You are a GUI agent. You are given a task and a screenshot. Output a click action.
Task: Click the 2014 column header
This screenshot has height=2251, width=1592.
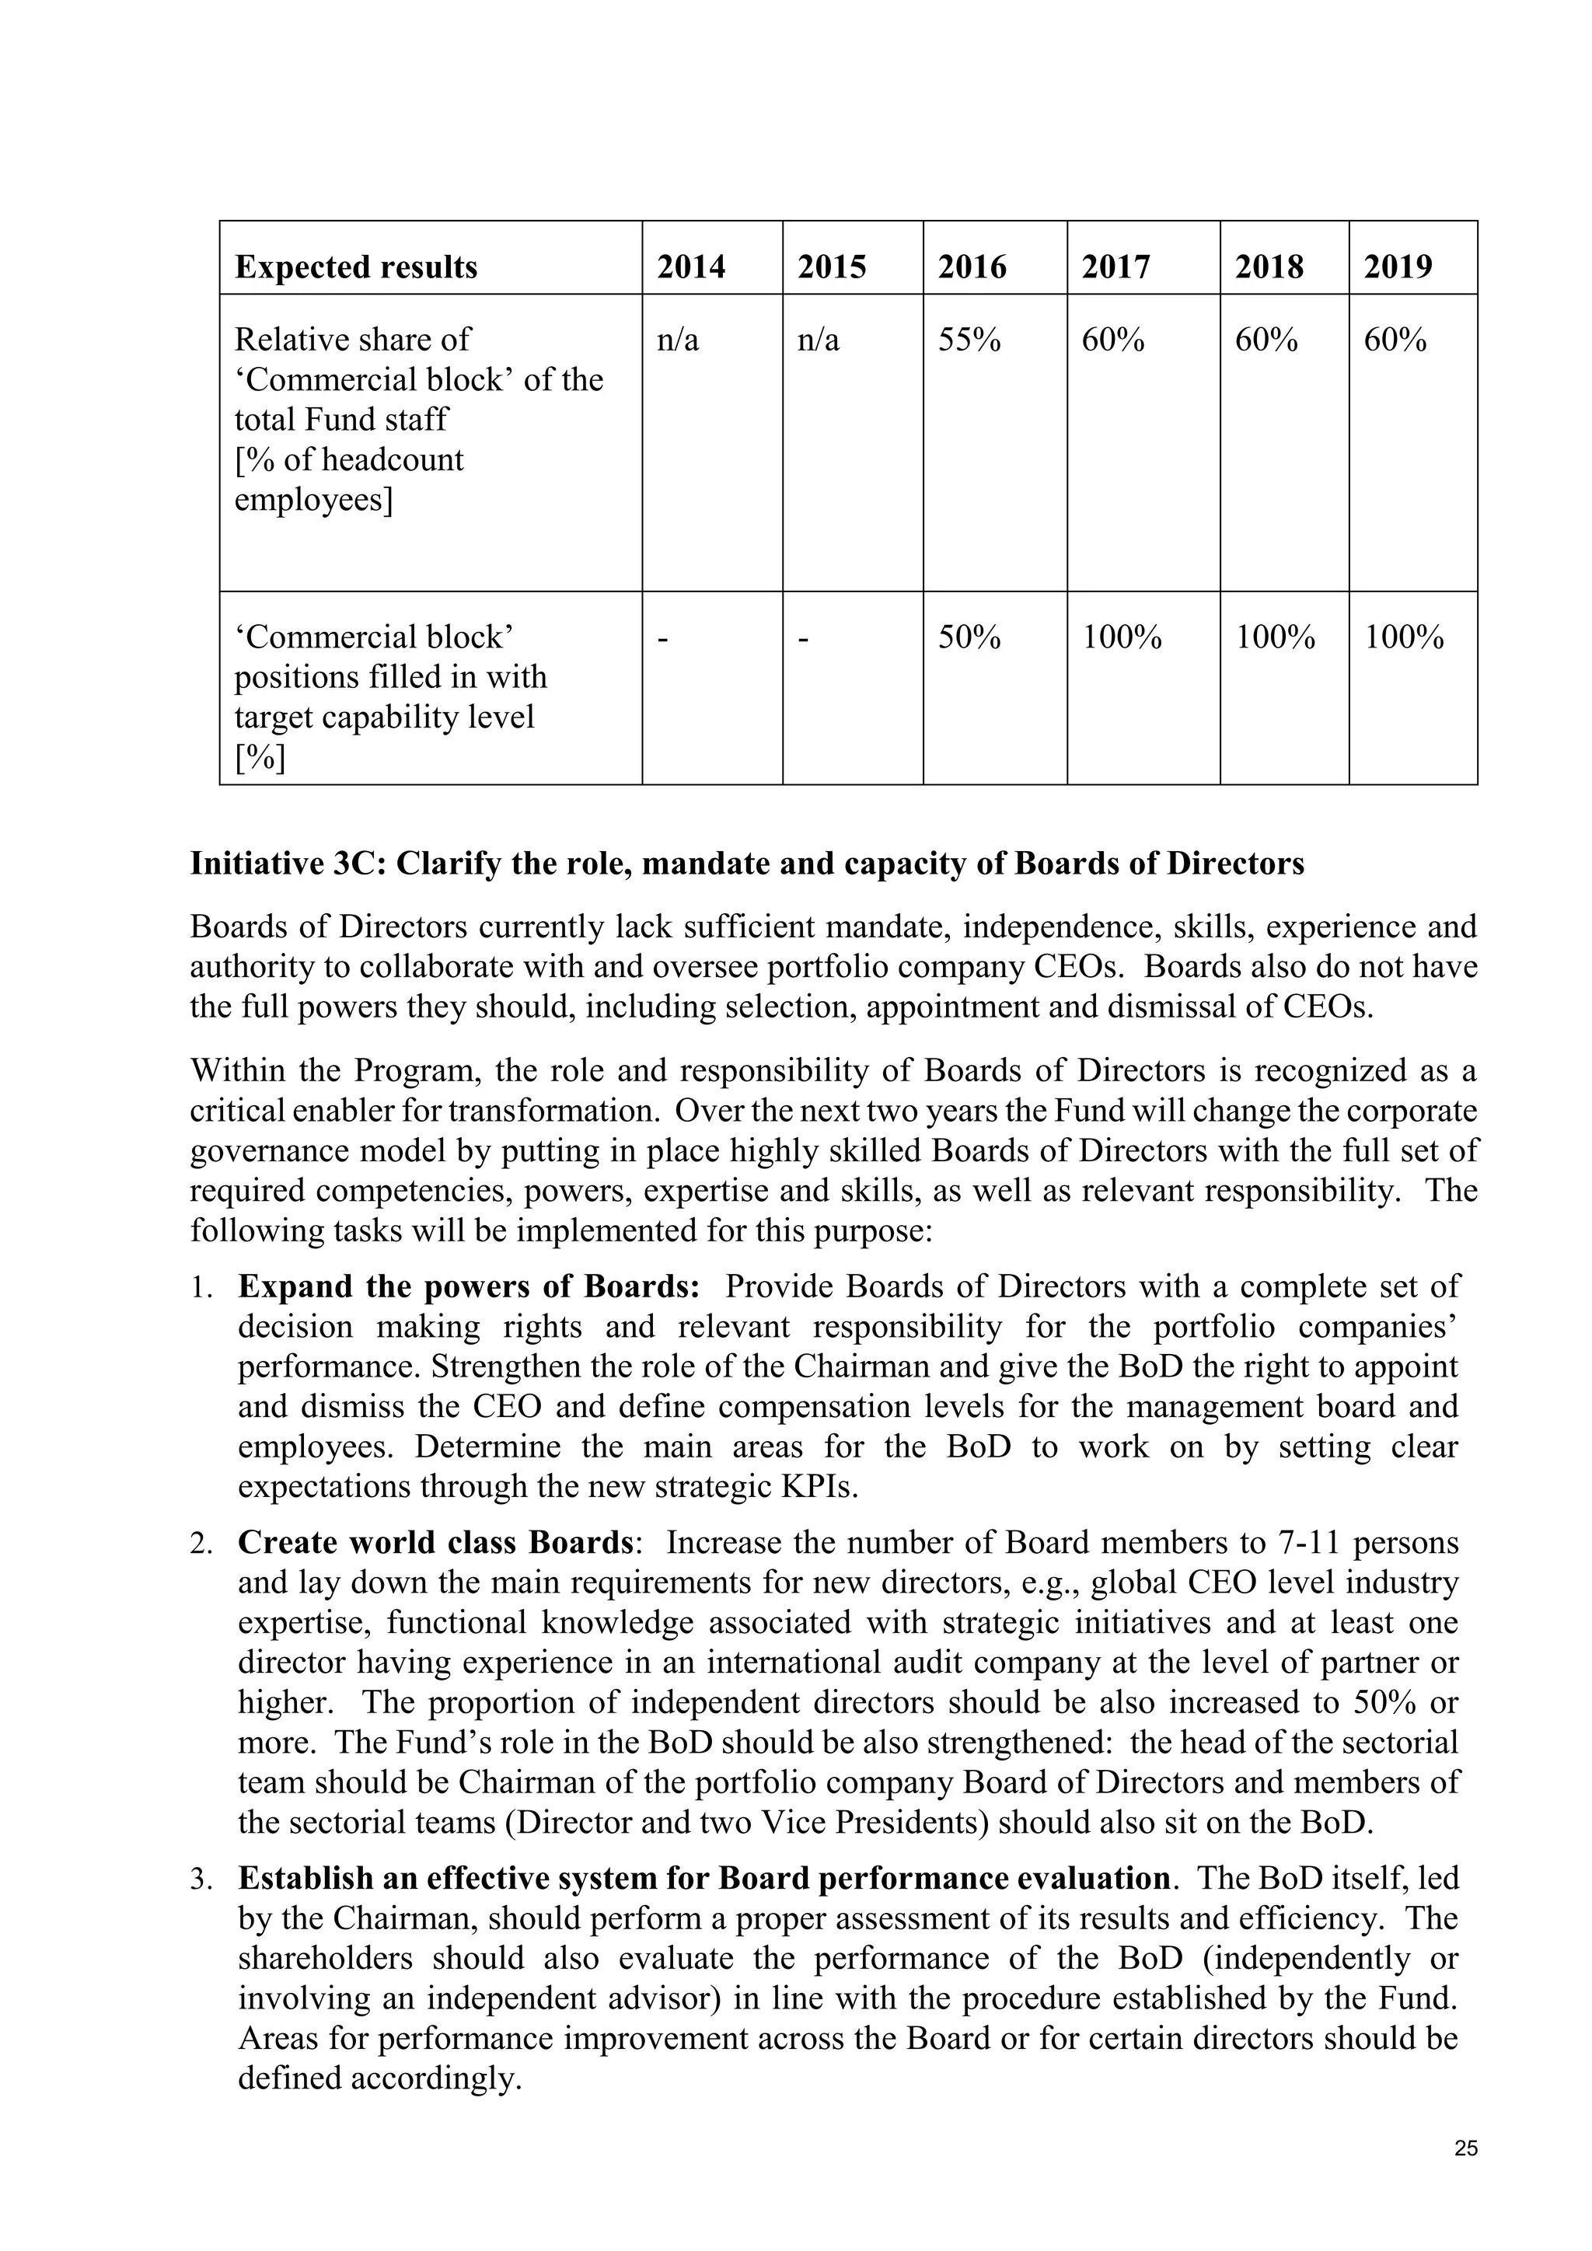tap(691, 267)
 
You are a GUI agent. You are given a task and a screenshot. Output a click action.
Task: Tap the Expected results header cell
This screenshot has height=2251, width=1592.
tap(356, 267)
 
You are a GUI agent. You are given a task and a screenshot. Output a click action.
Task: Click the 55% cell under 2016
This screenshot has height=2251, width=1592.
tap(969, 340)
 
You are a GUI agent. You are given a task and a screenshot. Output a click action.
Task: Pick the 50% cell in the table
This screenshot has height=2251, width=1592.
tap(969, 637)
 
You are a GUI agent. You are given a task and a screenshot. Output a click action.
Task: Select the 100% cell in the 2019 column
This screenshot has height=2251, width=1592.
tap(1404, 637)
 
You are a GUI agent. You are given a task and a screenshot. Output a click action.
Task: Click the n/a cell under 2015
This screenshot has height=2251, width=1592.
tap(819, 340)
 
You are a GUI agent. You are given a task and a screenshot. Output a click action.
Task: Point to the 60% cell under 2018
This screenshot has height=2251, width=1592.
tap(1266, 340)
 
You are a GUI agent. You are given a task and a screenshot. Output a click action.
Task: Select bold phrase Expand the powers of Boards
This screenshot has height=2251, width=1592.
tap(468, 1286)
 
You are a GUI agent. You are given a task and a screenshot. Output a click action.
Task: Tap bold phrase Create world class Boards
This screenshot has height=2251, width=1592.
tap(435, 1542)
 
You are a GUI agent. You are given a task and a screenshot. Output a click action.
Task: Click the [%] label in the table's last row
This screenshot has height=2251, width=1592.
tap(260, 758)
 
